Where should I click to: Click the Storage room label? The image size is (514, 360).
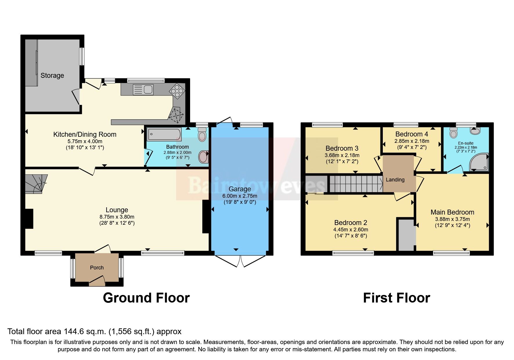[52, 75]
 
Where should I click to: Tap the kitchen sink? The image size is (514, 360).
[143, 89]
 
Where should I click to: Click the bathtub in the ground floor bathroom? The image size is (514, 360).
[164, 135]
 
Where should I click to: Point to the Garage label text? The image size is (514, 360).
[240, 189]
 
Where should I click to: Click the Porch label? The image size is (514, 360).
[97, 268]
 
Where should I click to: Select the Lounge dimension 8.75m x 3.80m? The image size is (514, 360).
[117, 217]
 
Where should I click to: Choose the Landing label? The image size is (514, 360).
[395, 180]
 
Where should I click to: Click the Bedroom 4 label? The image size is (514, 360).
[412, 134]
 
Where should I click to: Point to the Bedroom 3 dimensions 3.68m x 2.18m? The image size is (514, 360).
[342, 155]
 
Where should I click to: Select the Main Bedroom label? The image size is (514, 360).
[452, 212]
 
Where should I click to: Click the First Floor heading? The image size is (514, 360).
[396, 298]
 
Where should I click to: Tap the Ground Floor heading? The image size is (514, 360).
[146, 298]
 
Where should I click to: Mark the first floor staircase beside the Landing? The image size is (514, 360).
[356, 183]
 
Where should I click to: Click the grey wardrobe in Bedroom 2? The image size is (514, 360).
[406, 235]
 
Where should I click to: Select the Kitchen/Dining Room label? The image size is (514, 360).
[85, 134]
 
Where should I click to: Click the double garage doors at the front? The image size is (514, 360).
[240, 260]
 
